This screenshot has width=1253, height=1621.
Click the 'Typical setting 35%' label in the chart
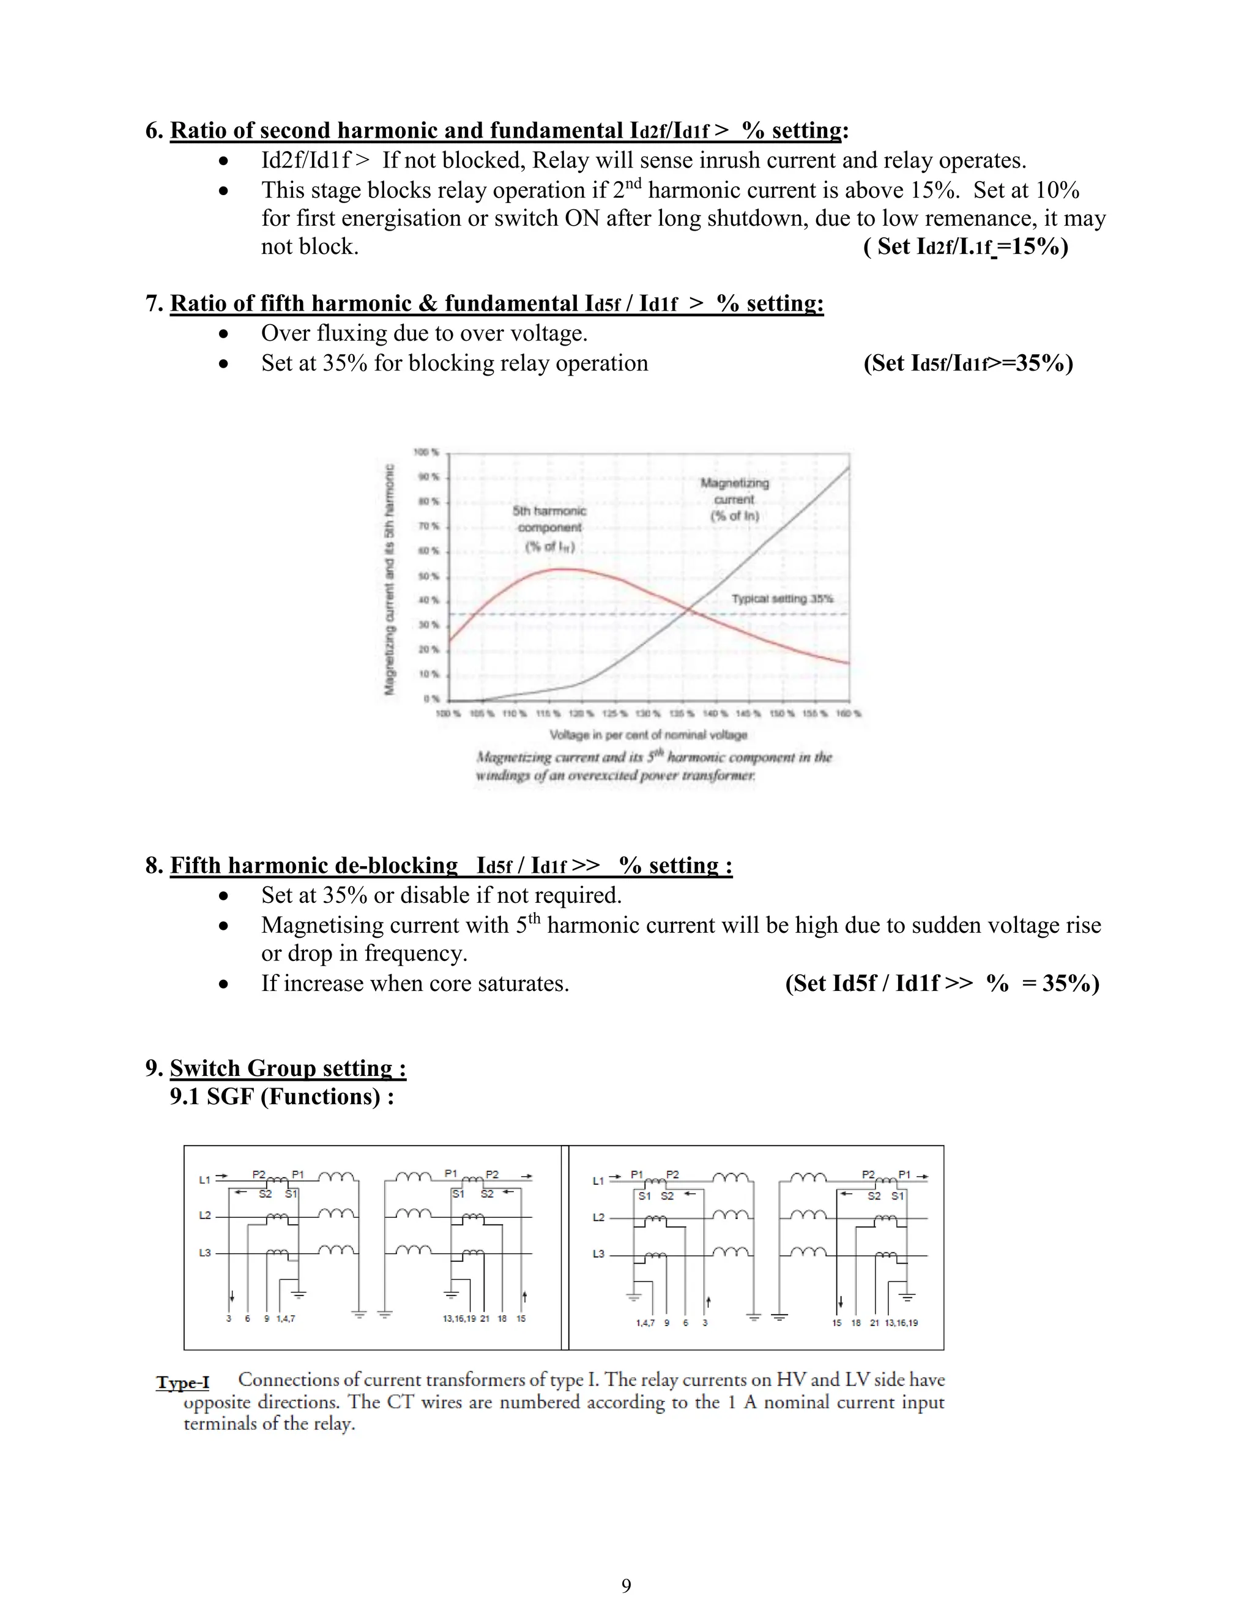(x=783, y=598)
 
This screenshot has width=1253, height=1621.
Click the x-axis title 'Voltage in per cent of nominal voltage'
(x=648, y=735)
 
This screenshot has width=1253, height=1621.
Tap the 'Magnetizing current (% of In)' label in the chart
(x=734, y=499)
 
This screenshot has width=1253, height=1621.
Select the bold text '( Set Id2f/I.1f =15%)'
(x=965, y=247)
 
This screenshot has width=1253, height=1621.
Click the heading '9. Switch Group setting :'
(x=276, y=1068)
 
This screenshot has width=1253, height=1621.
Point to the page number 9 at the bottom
(x=626, y=1586)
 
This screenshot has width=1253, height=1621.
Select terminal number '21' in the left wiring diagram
(x=485, y=1319)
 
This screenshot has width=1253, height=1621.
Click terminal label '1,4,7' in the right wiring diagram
(x=645, y=1323)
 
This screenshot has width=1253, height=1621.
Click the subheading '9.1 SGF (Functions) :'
(x=281, y=1097)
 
